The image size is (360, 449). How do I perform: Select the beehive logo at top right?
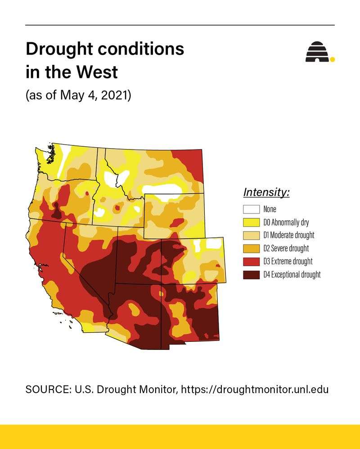tap(317, 52)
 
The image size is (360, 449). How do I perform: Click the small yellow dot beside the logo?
tap(333, 59)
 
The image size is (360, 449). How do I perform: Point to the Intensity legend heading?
tap(266, 192)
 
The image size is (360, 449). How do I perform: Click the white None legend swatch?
tap(251, 209)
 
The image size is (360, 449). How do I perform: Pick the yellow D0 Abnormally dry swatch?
tap(251, 222)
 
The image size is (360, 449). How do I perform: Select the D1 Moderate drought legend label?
tap(288, 235)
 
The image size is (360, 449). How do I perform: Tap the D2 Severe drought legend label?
tap(286, 248)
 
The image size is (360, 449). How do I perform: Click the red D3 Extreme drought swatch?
tap(251, 261)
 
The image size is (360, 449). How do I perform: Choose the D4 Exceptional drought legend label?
tap(292, 274)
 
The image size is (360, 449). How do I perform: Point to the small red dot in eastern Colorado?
tap(218, 266)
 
